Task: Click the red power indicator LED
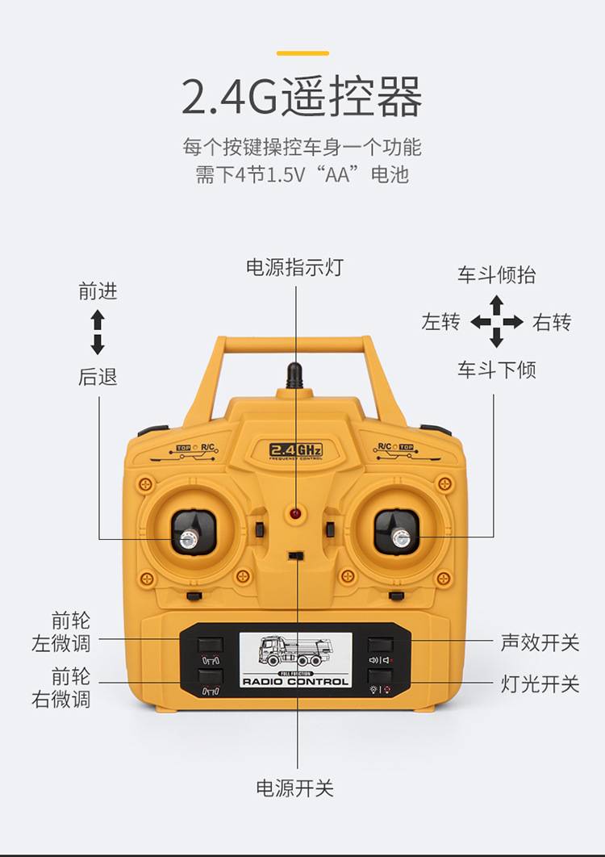click(x=295, y=513)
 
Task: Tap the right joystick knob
click(x=401, y=538)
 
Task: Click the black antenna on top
click(x=294, y=375)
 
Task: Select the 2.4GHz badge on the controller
click(x=296, y=449)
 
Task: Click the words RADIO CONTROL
click(x=295, y=682)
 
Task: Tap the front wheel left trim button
click(x=211, y=645)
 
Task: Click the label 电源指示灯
click(x=294, y=267)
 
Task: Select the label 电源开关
click(x=294, y=788)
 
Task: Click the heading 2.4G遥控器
click(x=302, y=96)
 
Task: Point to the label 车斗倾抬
click(x=496, y=275)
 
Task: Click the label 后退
click(x=98, y=377)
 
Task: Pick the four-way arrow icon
click(x=496, y=321)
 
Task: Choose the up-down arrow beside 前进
click(x=98, y=332)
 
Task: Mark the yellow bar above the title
click(x=302, y=53)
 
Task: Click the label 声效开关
click(x=540, y=642)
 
